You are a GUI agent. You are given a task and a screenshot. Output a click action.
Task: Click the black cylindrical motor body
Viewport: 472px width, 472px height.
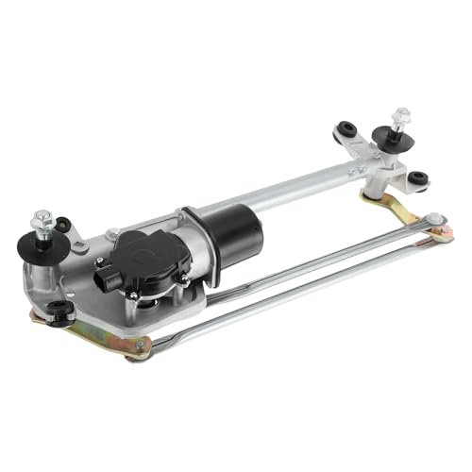click(226, 228)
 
